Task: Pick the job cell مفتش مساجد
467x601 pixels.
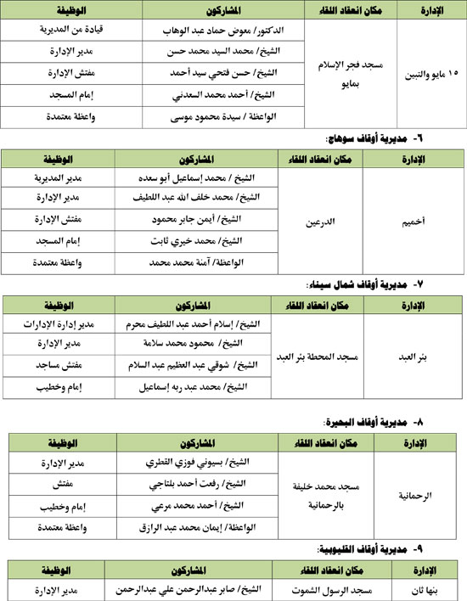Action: click(63, 364)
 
